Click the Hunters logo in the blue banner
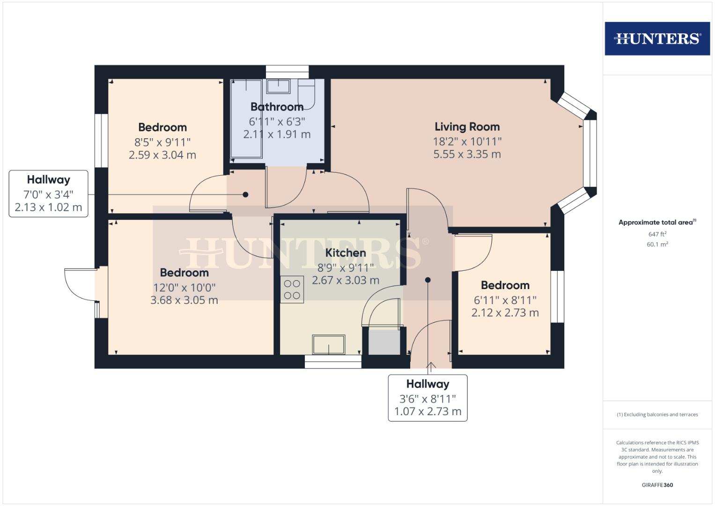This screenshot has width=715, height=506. coord(657,38)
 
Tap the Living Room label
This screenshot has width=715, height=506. coord(467,126)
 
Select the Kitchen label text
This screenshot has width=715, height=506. coord(346,253)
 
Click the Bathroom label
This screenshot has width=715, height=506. coord(277,107)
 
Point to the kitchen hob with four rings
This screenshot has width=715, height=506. coord(292,290)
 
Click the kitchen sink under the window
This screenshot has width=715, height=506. coord(329,344)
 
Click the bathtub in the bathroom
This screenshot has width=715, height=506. coord(246,119)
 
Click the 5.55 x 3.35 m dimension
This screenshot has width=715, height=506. coord(467,154)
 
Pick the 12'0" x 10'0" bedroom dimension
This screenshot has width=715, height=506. coord(184,288)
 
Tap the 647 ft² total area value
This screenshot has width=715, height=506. coord(657,234)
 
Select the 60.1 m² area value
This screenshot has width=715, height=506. coord(657,244)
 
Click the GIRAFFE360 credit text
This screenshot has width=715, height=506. coord(657,485)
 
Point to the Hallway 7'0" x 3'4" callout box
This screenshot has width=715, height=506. coord(48,193)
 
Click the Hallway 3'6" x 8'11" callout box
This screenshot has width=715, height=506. coord(428,398)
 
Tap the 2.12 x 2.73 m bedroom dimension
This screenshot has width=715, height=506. coord(505,313)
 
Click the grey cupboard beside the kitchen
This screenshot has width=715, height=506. coord(384,342)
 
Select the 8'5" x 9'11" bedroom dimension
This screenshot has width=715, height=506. coord(162,142)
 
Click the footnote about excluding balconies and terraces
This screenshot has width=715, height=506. coord(657,415)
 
